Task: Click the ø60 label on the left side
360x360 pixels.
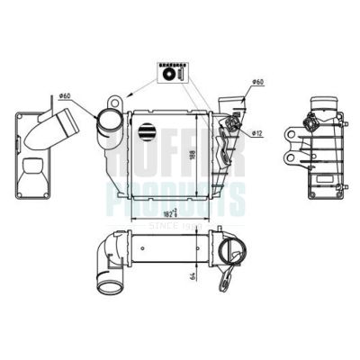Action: pos(65,94)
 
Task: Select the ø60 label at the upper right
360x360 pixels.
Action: pos(256,84)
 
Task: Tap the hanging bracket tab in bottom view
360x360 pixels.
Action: pos(233,270)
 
